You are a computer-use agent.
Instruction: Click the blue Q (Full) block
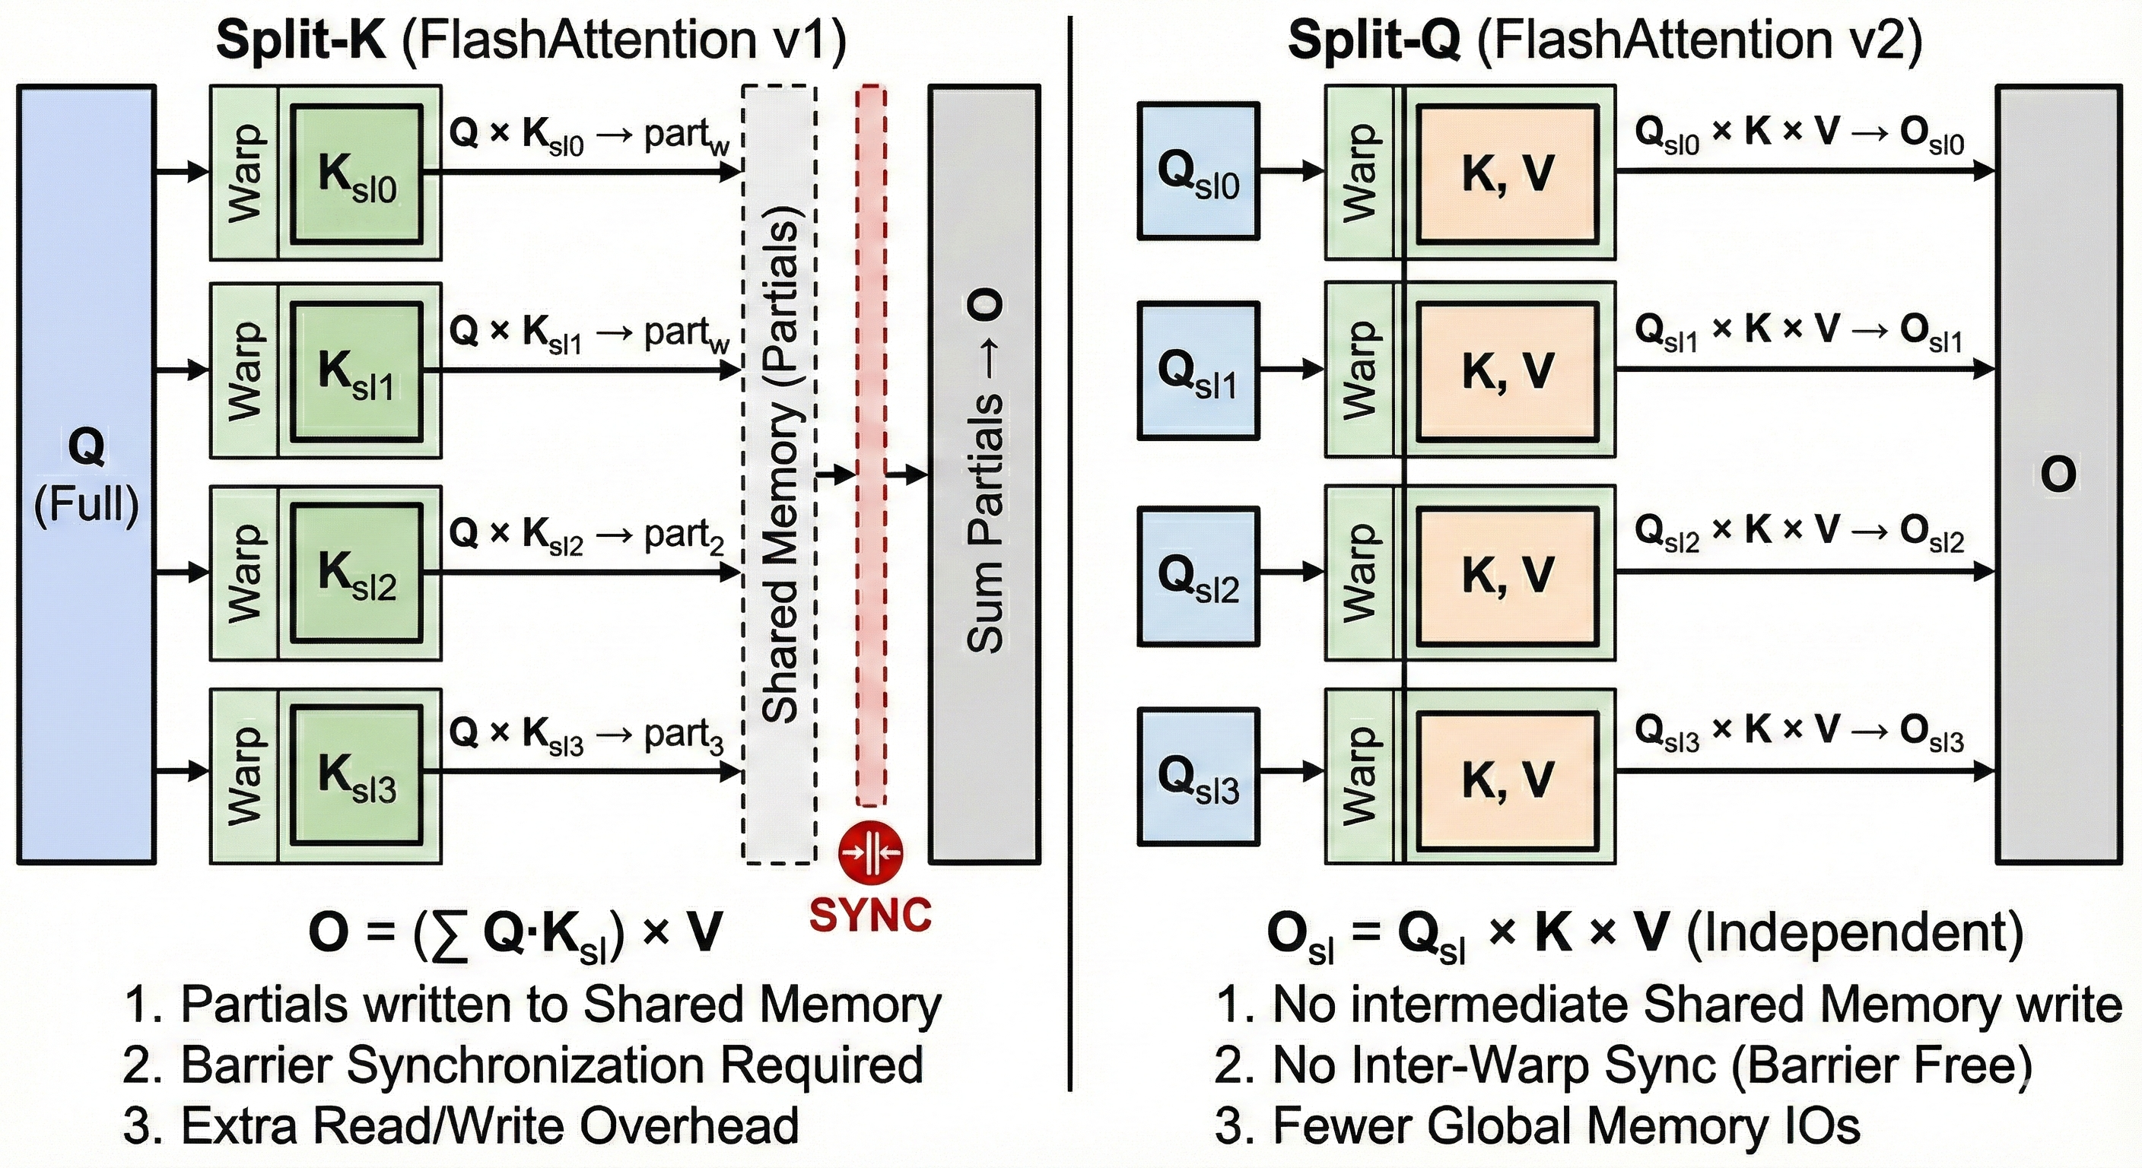coord(87,474)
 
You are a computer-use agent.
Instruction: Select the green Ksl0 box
coord(358,173)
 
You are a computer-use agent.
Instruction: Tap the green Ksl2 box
coord(358,573)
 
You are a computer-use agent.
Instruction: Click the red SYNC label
coord(869,916)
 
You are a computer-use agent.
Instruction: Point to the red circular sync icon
coord(869,851)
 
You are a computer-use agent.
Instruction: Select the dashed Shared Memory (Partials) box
coord(779,474)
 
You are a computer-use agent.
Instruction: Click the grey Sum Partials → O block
coord(984,474)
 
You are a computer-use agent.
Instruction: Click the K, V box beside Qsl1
coord(1508,370)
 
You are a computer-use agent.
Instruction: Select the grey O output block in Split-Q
coord(2058,474)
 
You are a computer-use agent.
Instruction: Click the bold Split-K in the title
coord(301,39)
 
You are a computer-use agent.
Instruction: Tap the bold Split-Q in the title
coord(1374,39)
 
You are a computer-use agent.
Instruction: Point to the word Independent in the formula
coord(1854,933)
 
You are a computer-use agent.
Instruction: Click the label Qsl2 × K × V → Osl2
coord(1799,532)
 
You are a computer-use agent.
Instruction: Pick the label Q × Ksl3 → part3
coord(586,734)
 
